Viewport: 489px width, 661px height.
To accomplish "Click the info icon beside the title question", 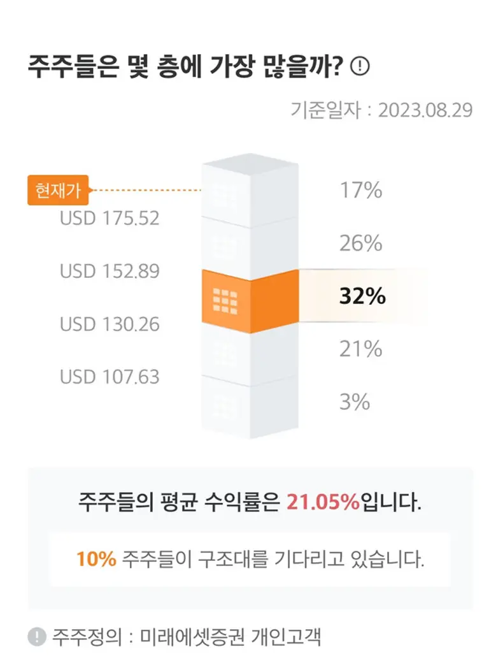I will point(360,66).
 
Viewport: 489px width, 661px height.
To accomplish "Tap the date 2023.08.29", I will point(425,110).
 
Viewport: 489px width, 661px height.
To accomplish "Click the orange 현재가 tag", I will point(58,190).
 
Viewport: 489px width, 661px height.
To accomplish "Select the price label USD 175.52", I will point(110,219).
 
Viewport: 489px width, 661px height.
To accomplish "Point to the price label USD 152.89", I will point(110,272).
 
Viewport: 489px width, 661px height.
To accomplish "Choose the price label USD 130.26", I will point(110,324).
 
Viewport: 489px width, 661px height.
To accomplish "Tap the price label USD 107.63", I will point(110,377).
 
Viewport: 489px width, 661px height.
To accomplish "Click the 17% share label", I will point(360,190).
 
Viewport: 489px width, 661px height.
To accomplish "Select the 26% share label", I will point(360,243).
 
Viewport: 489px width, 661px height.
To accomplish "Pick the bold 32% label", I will point(362,297).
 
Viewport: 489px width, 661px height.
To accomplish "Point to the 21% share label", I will point(360,349).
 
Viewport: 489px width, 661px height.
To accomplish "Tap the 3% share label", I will point(354,402).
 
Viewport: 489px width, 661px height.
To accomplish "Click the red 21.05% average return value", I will point(323,502).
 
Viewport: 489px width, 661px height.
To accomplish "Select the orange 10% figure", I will point(96,560).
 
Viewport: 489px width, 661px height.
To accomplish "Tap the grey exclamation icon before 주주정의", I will point(37,636).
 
